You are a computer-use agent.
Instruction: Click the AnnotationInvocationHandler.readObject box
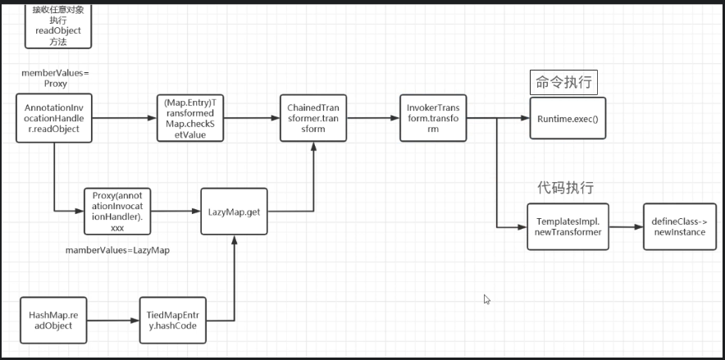click(x=54, y=118)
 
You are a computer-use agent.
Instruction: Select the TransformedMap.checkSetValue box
click(x=190, y=118)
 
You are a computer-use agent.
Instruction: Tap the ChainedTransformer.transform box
click(x=313, y=118)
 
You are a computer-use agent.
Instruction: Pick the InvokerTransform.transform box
click(x=433, y=118)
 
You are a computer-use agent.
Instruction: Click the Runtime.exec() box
click(x=568, y=119)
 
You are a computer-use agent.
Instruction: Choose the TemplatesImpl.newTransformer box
click(x=568, y=226)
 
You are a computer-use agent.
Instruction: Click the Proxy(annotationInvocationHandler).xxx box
click(x=117, y=212)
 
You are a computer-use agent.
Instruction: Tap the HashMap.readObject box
click(x=53, y=320)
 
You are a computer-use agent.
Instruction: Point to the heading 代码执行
click(x=566, y=188)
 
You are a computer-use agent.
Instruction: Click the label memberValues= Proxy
click(x=56, y=78)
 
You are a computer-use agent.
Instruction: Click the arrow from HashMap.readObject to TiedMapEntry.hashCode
click(x=112, y=320)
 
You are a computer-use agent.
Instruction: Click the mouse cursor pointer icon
click(x=487, y=300)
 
